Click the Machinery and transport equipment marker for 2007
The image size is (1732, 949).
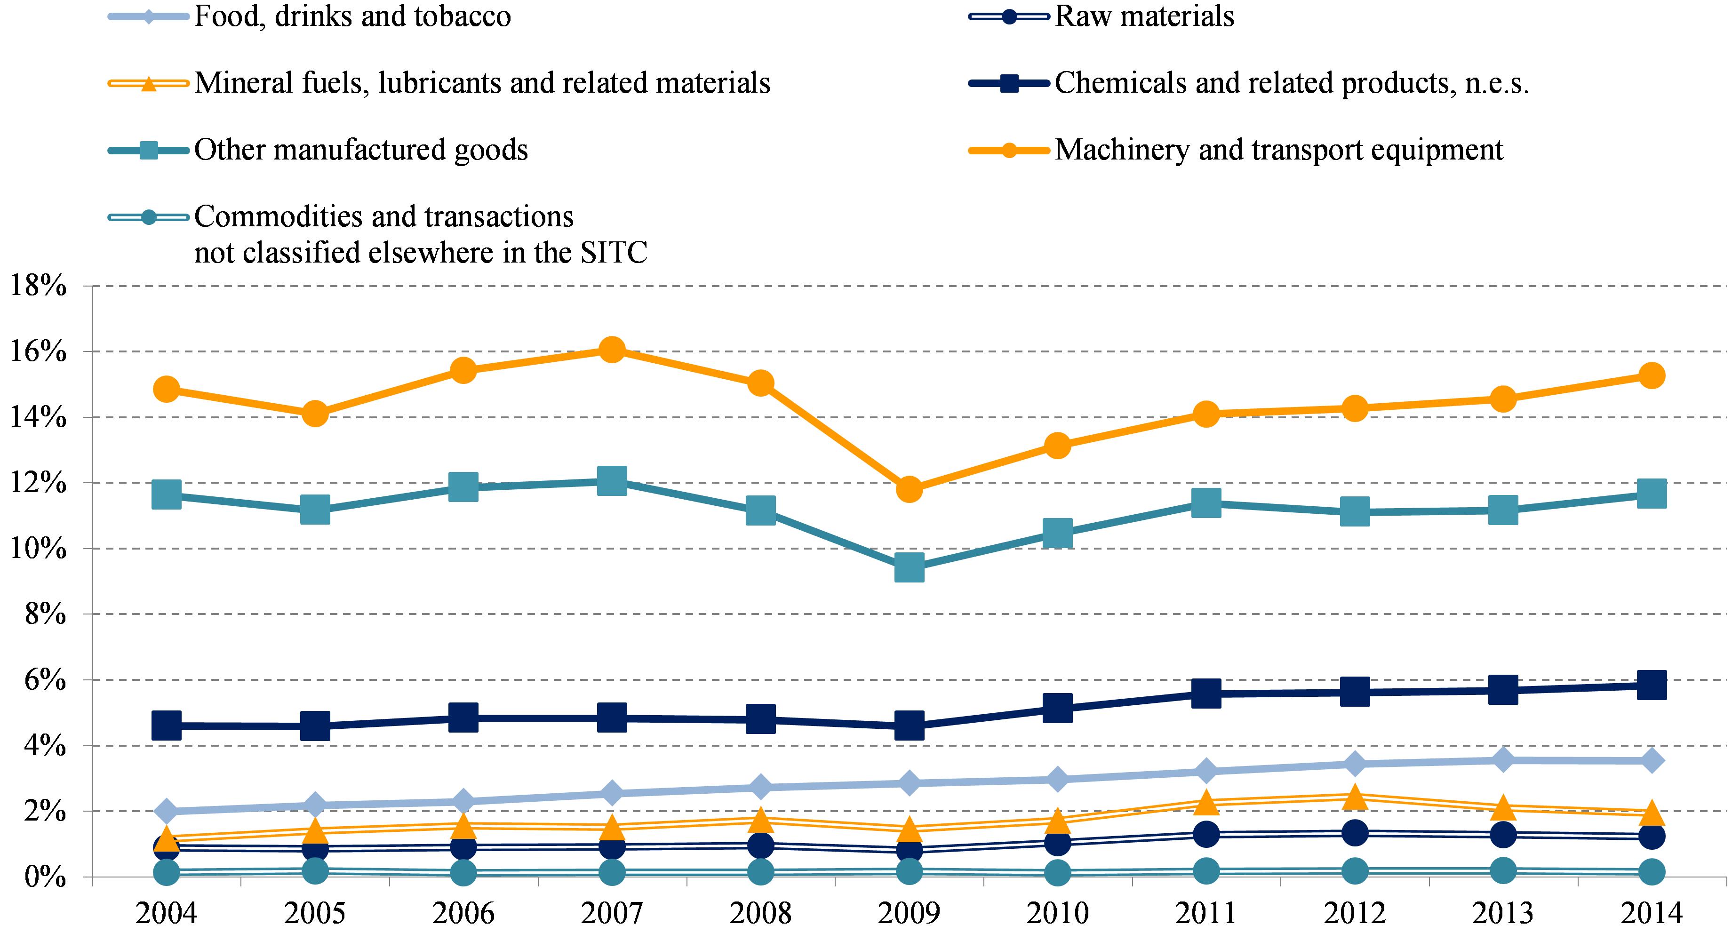(x=611, y=350)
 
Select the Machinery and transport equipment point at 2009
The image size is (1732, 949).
(x=909, y=489)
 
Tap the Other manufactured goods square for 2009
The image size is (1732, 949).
(x=909, y=568)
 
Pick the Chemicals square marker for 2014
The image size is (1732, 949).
(x=1652, y=685)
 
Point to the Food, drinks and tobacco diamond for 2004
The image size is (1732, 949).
(x=166, y=811)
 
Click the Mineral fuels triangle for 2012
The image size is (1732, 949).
(x=1355, y=797)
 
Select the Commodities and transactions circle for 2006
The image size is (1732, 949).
(x=463, y=873)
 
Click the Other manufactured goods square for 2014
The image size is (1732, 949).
(x=1652, y=494)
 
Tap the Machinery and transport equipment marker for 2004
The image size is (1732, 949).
(x=166, y=389)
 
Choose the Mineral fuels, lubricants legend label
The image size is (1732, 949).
(x=481, y=83)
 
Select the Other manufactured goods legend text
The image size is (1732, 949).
(x=360, y=149)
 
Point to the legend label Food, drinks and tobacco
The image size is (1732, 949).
(x=352, y=16)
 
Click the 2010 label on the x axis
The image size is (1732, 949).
(x=1058, y=913)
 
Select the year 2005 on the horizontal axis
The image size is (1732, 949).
(x=315, y=913)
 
